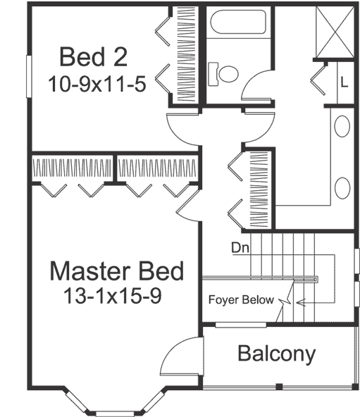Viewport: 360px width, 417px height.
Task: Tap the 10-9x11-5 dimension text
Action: click(x=97, y=85)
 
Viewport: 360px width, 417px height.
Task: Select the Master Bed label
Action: click(x=117, y=270)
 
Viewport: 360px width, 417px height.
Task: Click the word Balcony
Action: click(x=275, y=354)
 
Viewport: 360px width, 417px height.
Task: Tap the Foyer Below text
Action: click(x=240, y=300)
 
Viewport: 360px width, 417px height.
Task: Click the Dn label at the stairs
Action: click(x=238, y=247)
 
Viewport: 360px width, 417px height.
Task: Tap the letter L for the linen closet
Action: click(x=344, y=81)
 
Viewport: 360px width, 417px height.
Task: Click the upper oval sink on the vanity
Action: click(x=342, y=127)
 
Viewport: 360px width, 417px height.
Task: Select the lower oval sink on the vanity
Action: click(x=342, y=188)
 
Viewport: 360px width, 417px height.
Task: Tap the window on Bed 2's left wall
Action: click(x=28, y=75)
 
